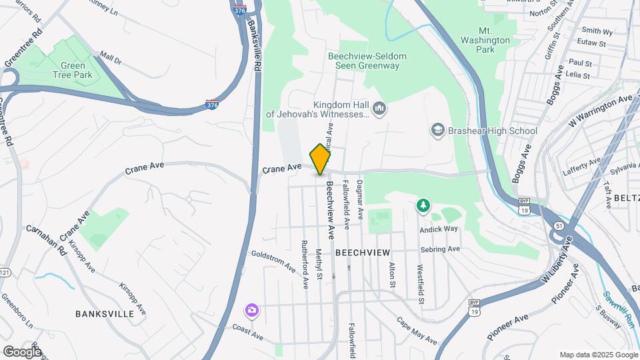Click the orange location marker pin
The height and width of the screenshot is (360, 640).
tap(321, 159)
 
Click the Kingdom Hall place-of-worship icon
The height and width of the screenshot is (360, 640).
tap(379, 108)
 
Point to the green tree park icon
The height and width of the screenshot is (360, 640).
tap(422, 205)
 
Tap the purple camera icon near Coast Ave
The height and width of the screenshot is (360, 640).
tap(251, 309)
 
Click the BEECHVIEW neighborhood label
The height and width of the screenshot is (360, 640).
tap(362, 253)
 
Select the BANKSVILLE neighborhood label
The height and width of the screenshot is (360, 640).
tap(107, 313)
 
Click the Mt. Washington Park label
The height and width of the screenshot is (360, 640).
tap(495, 40)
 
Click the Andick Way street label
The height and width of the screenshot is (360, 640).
tap(439, 229)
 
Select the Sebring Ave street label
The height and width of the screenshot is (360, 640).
tap(441, 249)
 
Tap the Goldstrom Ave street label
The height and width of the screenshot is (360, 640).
tap(273, 261)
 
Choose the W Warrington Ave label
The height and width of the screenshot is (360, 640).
tap(601, 109)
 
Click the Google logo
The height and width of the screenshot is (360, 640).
tap(23, 351)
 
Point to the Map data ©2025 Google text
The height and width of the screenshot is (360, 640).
tap(598, 355)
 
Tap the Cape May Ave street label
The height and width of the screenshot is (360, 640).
tap(417, 330)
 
